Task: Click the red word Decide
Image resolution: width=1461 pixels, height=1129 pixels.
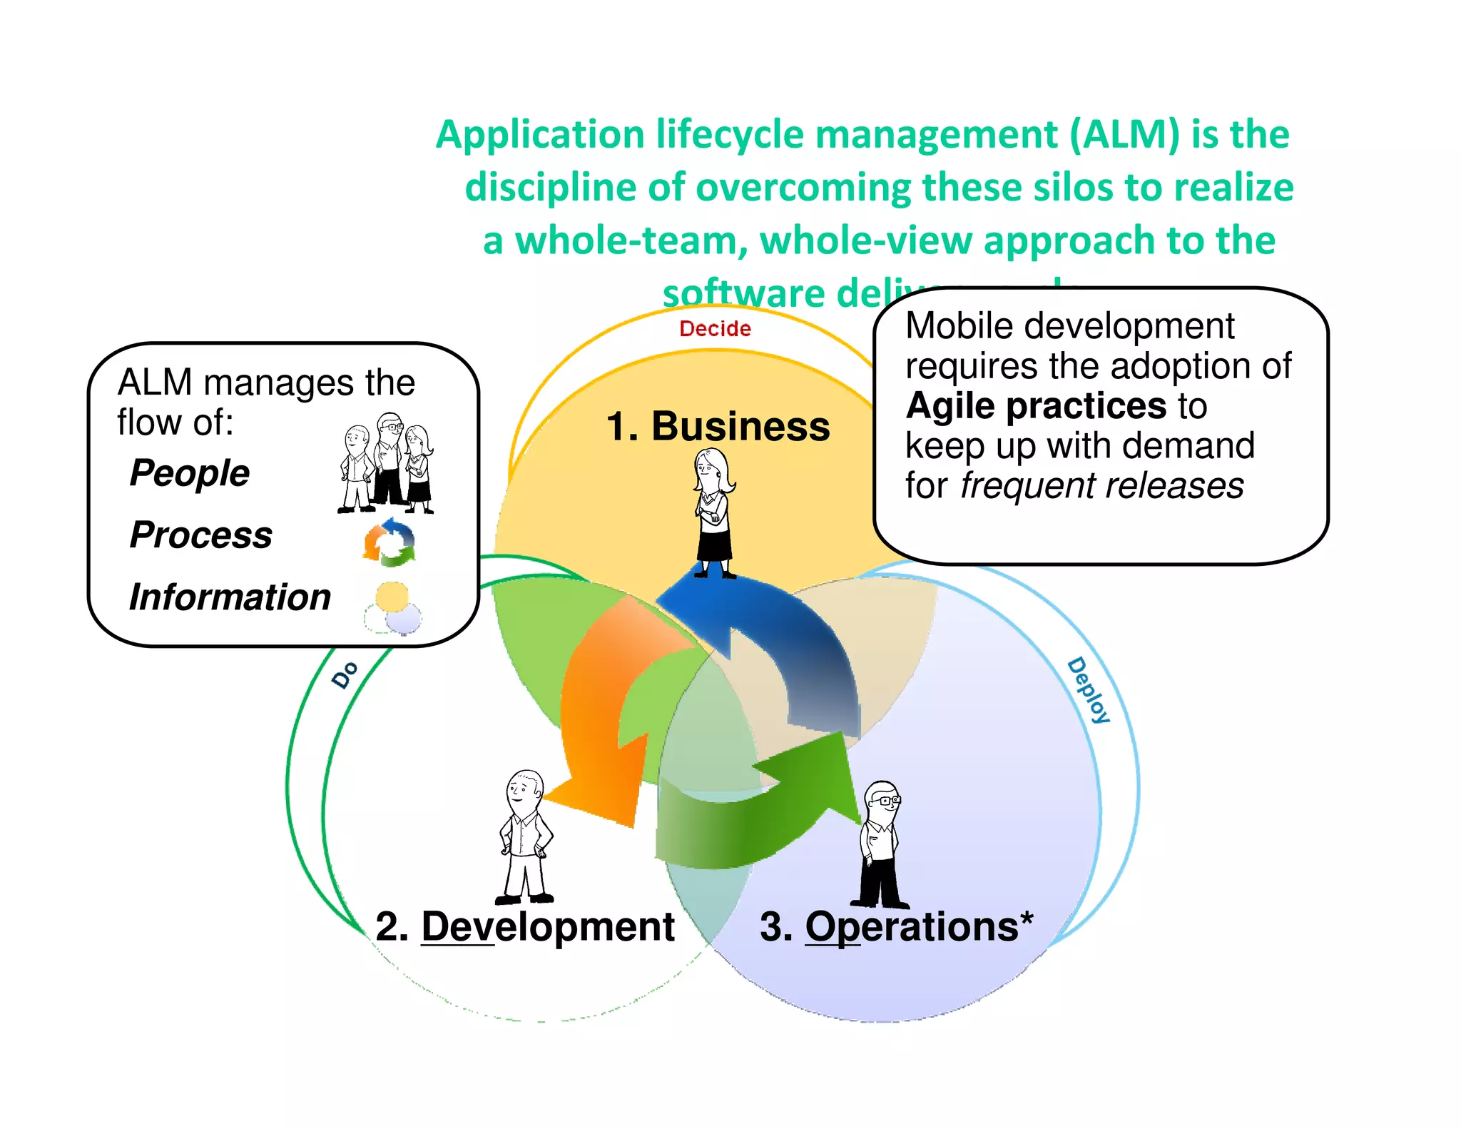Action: click(715, 329)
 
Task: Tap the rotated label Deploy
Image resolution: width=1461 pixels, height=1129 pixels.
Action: click(1089, 690)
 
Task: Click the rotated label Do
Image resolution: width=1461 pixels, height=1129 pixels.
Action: click(345, 674)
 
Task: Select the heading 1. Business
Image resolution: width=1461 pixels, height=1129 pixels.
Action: click(718, 426)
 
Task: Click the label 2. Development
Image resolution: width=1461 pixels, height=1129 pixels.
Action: click(525, 927)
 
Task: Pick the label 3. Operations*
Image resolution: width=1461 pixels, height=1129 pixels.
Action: click(896, 927)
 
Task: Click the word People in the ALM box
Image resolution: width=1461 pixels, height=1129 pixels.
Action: click(190, 473)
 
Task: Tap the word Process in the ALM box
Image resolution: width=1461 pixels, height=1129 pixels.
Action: click(201, 535)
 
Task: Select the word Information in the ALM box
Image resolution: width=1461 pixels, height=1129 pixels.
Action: click(230, 597)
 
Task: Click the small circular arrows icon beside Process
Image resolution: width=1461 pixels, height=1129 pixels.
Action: click(389, 543)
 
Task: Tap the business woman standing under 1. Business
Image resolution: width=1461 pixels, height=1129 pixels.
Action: click(714, 514)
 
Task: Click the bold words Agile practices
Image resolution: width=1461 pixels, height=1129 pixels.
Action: click(1036, 406)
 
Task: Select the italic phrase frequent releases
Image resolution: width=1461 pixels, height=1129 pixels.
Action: click(1101, 486)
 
